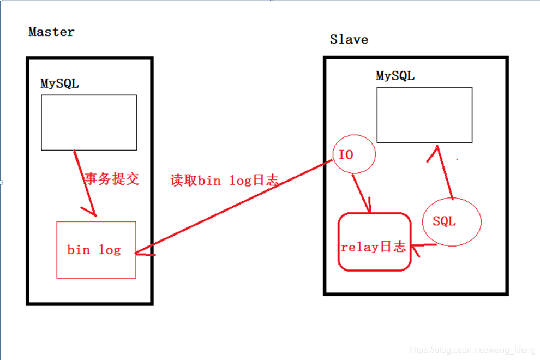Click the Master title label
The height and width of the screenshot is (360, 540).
(51, 32)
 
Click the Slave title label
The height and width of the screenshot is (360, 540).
(349, 39)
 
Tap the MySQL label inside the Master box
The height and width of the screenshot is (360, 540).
(59, 83)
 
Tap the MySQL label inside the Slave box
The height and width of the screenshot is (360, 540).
(395, 76)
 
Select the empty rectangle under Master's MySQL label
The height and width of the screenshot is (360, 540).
(89, 122)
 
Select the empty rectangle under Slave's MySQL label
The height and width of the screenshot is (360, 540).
(424, 115)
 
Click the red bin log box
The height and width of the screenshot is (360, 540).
(96, 250)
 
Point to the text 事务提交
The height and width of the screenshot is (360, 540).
(112, 179)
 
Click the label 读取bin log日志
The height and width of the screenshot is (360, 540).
(224, 181)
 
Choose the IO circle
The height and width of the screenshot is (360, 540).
(353, 154)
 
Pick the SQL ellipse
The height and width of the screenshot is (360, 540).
(452, 221)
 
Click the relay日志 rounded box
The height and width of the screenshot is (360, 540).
(374, 242)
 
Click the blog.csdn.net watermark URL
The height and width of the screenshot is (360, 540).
(472, 350)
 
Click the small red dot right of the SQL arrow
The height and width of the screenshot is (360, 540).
(457, 159)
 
